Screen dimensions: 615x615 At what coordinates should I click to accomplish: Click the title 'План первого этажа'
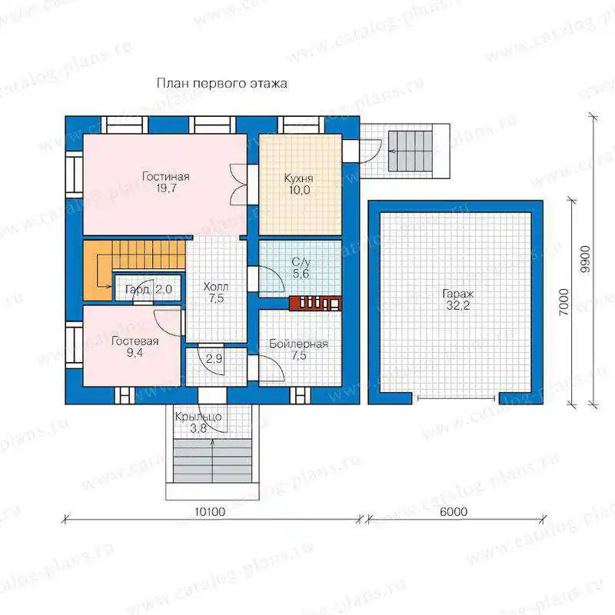click(x=222, y=84)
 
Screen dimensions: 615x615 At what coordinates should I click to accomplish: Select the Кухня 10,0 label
click(x=299, y=184)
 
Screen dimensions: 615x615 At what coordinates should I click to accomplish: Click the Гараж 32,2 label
click(x=458, y=300)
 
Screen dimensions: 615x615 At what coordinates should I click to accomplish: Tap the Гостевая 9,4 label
click(x=135, y=347)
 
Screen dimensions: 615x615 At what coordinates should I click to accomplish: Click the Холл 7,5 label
click(x=216, y=293)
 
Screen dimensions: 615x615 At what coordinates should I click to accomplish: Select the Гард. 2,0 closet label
click(x=148, y=290)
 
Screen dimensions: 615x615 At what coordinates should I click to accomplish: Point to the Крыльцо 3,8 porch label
click(x=198, y=422)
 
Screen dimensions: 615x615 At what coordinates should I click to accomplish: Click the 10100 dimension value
click(x=210, y=512)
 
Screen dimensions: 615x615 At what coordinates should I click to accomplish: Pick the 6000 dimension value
click(x=454, y=512)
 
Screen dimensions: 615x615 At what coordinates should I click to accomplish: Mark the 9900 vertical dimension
click(x=585, y=259)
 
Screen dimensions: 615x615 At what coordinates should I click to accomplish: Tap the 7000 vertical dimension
click(x=563, y=302)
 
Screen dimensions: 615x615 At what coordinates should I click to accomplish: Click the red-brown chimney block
click(x=315, y=303)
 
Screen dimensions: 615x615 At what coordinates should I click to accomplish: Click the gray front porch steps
click(x=212, y=461)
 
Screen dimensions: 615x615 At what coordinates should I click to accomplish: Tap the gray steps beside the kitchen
click(x=411, y=151)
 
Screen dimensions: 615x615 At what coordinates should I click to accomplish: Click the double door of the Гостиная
click(x=238, y=184)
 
